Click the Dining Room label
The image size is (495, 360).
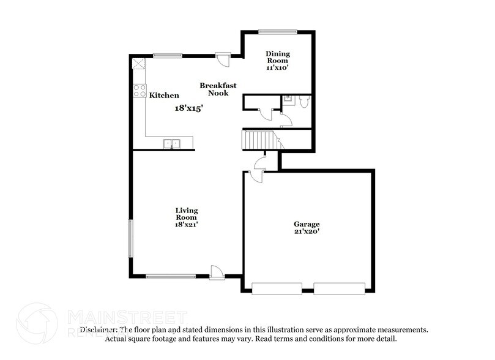click(277, 57)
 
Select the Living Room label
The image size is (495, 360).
click(187, 214)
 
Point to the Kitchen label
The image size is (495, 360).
click(164, 96)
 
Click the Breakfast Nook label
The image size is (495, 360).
click(218, 89)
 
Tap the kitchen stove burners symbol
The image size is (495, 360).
click(140, 91)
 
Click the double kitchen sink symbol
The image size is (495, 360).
click(172, 143)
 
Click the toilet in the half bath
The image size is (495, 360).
click(303, 102)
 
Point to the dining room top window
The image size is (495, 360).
click(277, 32)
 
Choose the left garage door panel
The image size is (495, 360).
click(277, 287)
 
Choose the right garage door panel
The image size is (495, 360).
click(340, 287)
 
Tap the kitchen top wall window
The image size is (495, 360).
click(168, 56)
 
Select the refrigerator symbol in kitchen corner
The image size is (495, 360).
click(139, 65)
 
